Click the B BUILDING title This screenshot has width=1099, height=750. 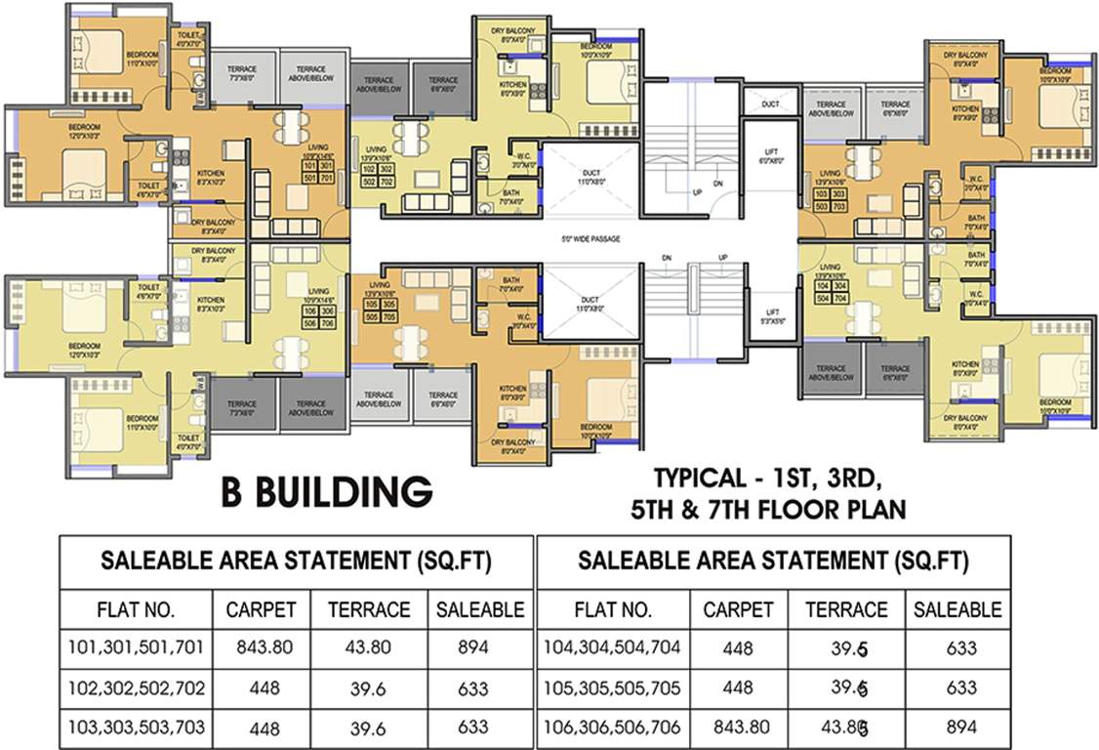(326, 492)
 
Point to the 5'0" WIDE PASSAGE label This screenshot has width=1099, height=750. (591, 239)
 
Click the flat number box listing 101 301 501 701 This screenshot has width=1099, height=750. (319, 172)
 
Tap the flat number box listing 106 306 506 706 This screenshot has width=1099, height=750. (319, 316)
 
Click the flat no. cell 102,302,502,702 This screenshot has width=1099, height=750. (137, 687)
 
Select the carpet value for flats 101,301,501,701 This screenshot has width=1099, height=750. (263, 646)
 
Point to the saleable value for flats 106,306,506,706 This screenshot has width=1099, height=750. (957, 728)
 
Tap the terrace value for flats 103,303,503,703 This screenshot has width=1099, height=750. (369, 729)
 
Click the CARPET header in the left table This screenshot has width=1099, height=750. (261, 610)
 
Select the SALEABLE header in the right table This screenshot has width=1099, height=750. (957, 610)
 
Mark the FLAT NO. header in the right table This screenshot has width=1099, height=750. (614, 610)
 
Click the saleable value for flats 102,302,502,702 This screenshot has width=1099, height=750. (472, 688)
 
